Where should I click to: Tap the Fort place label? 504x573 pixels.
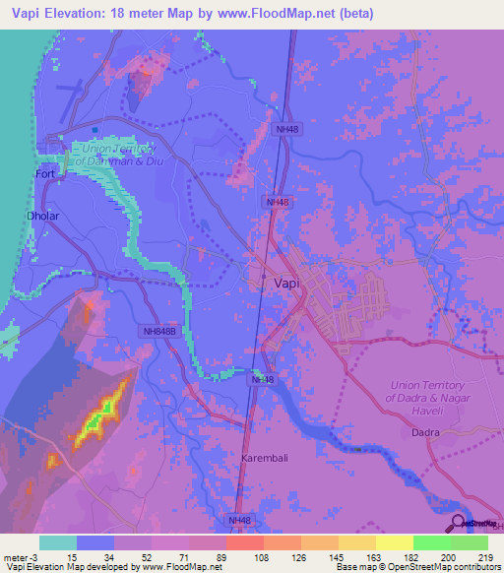pos(45,173)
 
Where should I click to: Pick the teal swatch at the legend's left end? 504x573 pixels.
pos(58,542)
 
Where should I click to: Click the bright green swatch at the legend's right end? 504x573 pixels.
pos(469,542)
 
